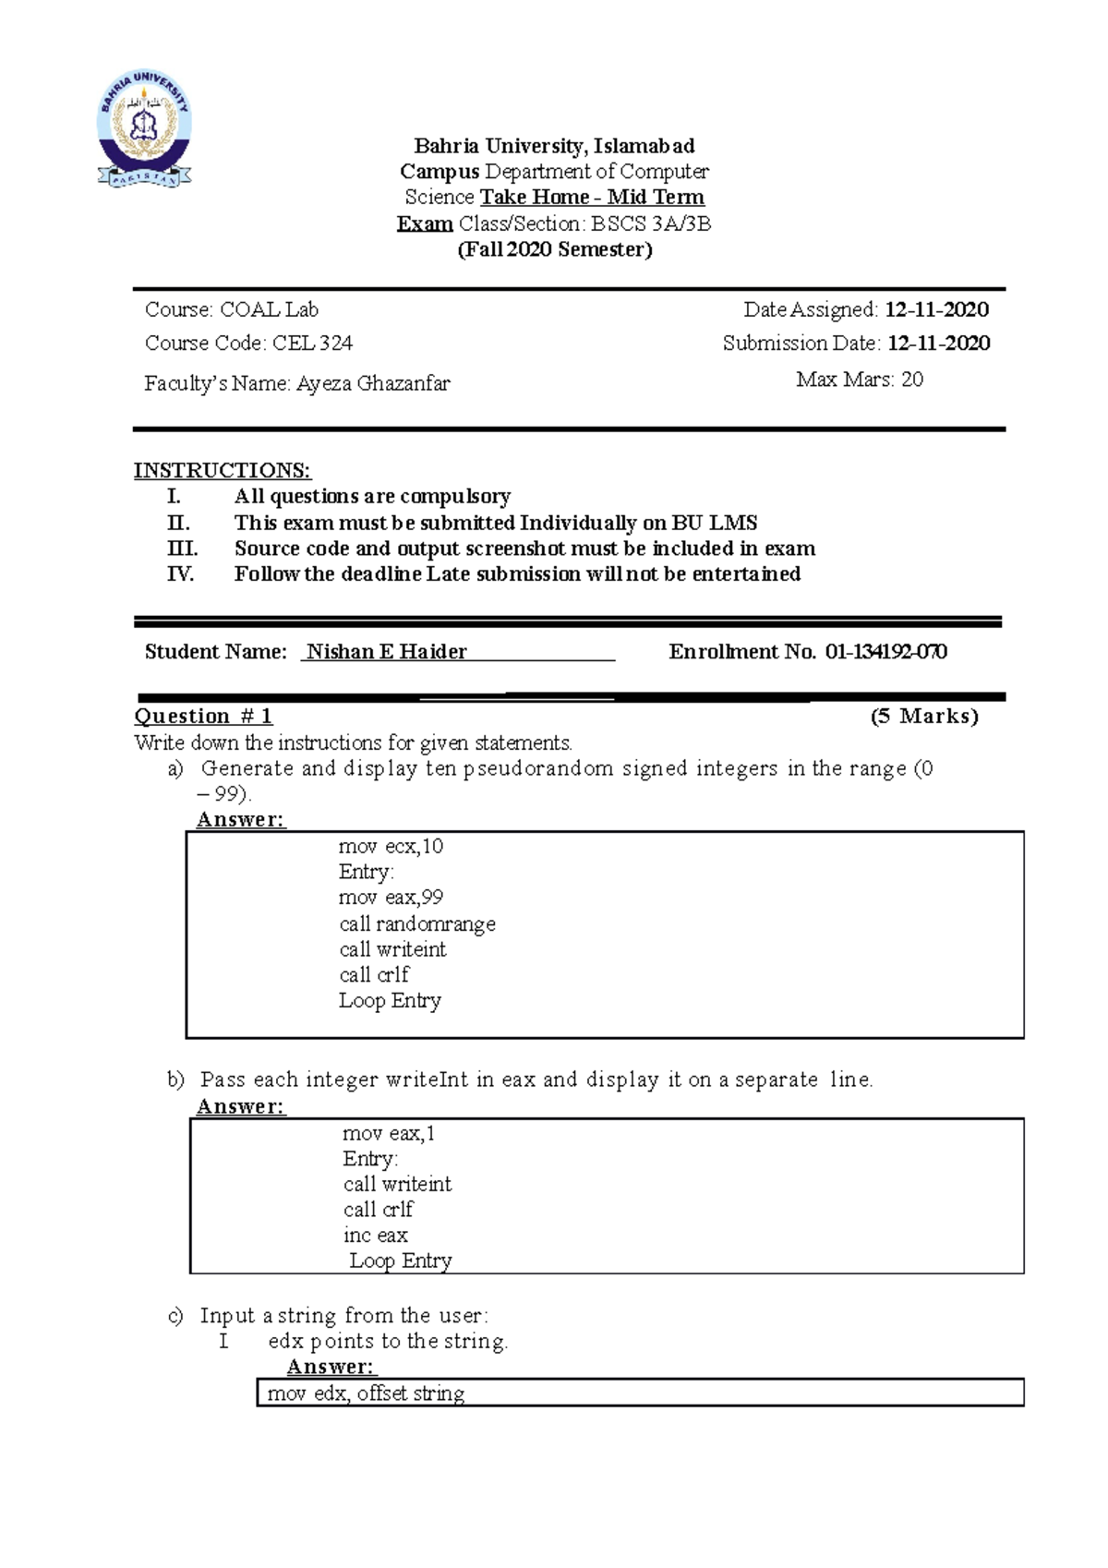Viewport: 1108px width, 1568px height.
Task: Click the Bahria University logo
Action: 145,128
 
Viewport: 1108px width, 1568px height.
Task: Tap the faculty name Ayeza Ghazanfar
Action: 373,383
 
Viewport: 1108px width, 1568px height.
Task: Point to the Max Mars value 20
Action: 911,380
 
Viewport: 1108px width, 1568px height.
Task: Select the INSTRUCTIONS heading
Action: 223,471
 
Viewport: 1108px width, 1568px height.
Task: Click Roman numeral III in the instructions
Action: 182,549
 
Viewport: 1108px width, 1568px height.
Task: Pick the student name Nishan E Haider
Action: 387,652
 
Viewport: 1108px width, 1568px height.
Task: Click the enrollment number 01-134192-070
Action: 886,652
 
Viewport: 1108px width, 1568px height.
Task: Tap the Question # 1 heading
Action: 203,717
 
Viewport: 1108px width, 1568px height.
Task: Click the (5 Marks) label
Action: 924,717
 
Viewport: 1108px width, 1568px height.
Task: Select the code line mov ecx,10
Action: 391,847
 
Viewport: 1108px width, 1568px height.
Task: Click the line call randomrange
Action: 417,924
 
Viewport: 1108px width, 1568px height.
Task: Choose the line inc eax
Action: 375,1236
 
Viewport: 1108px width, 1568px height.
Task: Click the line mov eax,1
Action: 389,1134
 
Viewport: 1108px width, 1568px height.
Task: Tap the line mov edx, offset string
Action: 366,1393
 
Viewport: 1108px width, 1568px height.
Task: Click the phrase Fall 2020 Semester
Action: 555,250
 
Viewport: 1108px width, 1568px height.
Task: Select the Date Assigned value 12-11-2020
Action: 936,310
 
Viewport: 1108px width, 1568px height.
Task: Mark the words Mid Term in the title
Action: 656,198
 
